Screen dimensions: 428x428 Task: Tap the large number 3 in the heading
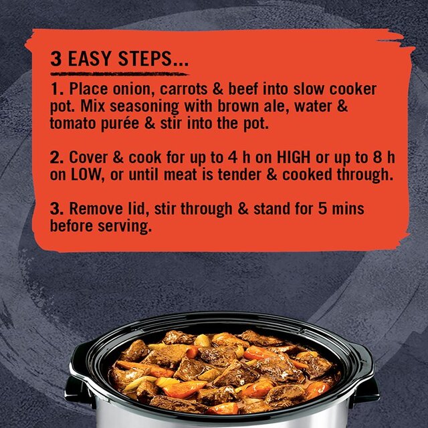[57, 59]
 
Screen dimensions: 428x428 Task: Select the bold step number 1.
[55, 90]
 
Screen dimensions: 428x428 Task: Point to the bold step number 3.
[56, 209]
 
